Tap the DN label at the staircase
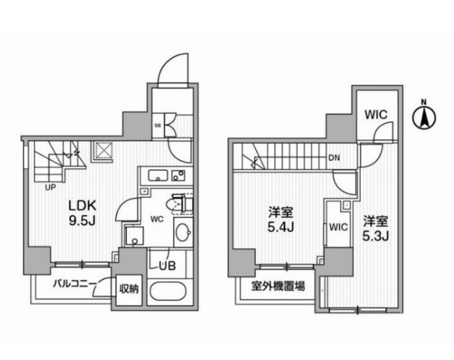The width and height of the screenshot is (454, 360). [x=334, y=157]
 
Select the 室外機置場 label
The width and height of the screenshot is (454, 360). [x=277, y=286]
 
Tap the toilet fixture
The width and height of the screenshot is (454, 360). [x=176, y=204]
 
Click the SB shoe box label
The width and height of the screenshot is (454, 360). [x=157, y=124]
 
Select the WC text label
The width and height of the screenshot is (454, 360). [x=159, y=219]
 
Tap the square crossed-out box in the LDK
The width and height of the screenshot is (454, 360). [x=104, y=150]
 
